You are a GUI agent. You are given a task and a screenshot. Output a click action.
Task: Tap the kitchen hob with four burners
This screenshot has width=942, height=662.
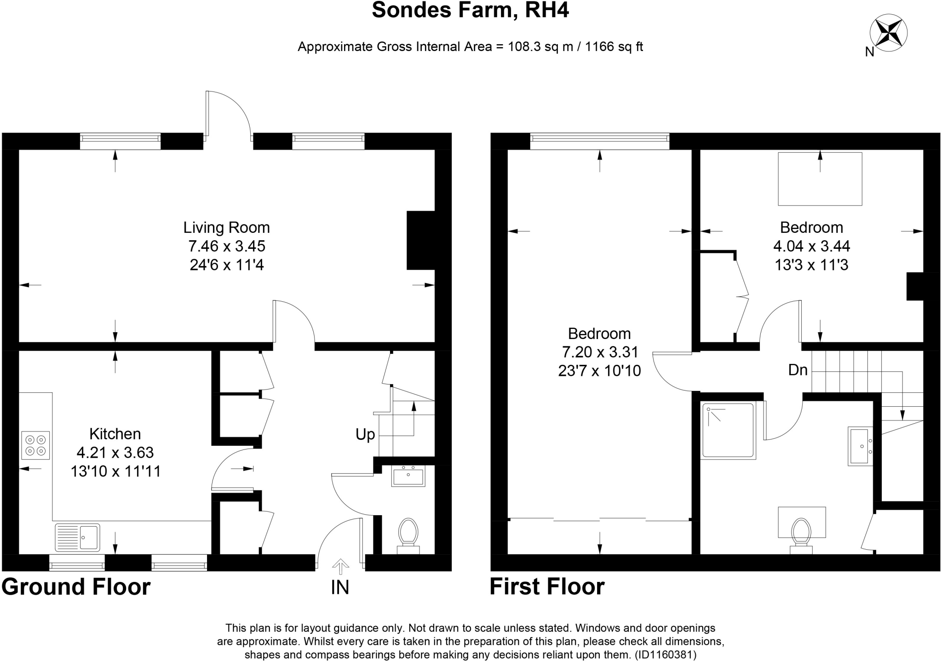pyautogui.click(x=35, y=445)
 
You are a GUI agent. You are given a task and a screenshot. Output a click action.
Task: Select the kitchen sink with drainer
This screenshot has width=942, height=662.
pyautogui.click(x=77, y=537)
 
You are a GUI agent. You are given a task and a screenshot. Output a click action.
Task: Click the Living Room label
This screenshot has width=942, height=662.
pyautogui.click(x=226, y=228)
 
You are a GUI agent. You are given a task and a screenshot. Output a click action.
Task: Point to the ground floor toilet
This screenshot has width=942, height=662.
pyautogui.click(x=408, y=535)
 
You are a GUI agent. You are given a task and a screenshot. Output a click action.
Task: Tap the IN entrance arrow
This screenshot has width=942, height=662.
pyautogui.click(x=340, y=567)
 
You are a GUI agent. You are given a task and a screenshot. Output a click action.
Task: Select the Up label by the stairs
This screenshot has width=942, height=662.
pyautogui.click(x=365, y=434)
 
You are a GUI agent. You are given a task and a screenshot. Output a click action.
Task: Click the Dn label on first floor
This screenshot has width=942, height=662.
pyautogui.click(x=798, y=370)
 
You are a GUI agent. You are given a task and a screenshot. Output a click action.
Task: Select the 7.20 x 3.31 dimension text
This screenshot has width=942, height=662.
pyautogui.click(x=600, y=352)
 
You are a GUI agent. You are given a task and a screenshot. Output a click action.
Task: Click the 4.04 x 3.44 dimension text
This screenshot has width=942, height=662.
pyautogui.click(x=811, y=246)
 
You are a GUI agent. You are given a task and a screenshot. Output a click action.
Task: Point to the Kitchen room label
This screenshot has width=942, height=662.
pyautogui.click(x=115, y=434)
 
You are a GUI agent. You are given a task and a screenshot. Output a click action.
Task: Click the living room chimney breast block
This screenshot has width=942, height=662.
pyautogui.click(x=420, y=240)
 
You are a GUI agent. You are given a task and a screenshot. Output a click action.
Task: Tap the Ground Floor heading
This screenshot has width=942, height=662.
pyautogui.click(x=76, y=587)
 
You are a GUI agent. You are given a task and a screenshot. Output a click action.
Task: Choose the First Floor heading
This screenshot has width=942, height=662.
pyautogui.click(x=547, y=587)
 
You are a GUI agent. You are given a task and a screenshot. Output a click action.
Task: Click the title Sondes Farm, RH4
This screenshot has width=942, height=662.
pyautogui.click(x=470, y=10)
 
